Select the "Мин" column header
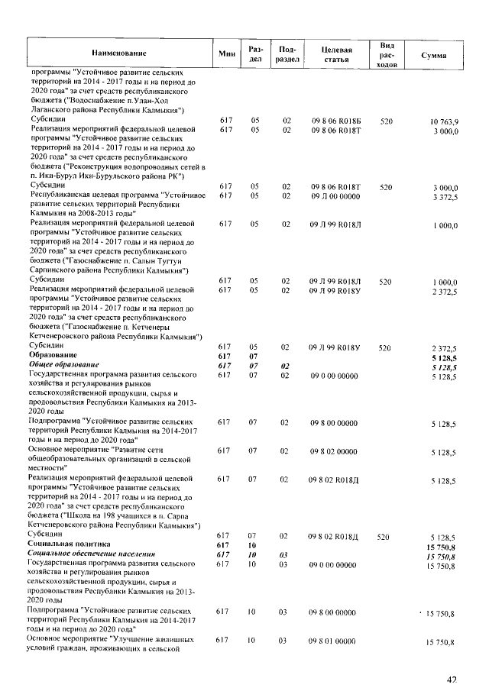(226, 53)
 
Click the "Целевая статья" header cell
(336, 53)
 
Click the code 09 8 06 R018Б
(335, 121)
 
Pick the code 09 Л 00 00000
(334, 196)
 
